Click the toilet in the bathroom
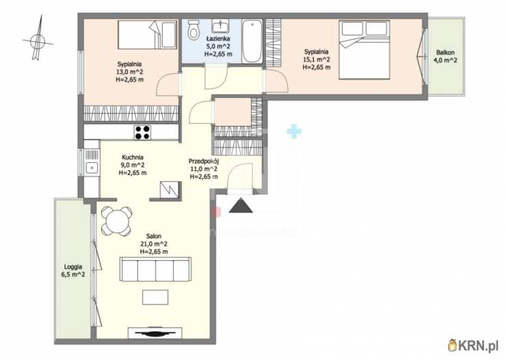tap(194, 29)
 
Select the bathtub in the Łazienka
tap(252, 41)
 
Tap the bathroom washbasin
tap(220, 25)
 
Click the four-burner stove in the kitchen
tap(142, 132)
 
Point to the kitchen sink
tap(92, 168)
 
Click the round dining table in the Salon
tap(116, 221)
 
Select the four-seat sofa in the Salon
tap(155, 269)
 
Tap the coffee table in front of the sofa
tap(155, 297)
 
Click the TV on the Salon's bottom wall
tap(155, 333)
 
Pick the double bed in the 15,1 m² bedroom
tap(364, 49)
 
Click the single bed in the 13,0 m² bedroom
tap(147, 34)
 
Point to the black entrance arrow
tap(241, 206)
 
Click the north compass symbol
tap(38, 40)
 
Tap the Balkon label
tap(445, 52)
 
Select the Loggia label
tap(73, 267)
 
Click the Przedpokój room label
tap(203, 161)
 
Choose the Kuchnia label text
tap(133, 157)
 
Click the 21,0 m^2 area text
tap(154, 244)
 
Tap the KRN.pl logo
tap(473, 346)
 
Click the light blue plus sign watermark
tap(294, 131)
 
